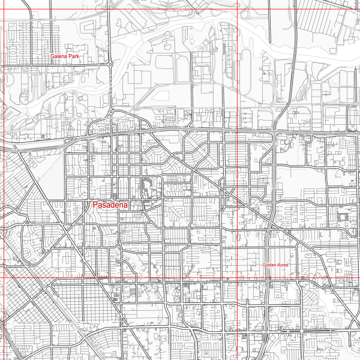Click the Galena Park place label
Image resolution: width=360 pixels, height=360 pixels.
pos(65,56)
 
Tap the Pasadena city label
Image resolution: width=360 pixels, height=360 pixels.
pos(110,205)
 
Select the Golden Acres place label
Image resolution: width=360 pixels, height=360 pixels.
pos(276,265)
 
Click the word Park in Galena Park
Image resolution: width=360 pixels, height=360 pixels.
pos(74,56)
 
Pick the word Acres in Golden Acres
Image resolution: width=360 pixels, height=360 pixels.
pos(284,265)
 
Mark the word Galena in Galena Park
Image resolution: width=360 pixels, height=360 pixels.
pos(59,56)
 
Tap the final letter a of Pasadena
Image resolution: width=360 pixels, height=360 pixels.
pos(125,205)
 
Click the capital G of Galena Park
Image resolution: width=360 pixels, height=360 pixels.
pos(52,56)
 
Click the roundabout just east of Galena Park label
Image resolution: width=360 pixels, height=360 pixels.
pos(110,64)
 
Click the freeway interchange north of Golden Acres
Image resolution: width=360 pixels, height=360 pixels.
pos(274,131)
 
